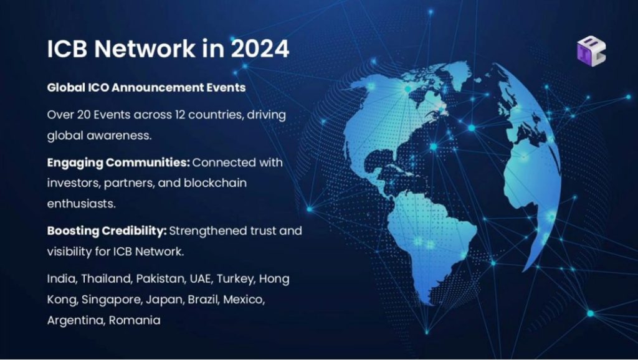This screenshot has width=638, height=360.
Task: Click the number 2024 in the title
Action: (260, 49)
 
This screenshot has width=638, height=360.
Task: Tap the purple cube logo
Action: (591, 51)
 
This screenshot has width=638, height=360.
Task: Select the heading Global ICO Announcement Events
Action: (146, 87)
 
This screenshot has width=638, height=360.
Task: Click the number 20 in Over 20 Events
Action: (83, 115)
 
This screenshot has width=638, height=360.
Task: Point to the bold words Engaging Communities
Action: (118, 163)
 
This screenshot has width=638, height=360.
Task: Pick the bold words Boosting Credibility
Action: (107, 231)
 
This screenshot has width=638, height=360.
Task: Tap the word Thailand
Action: (106, 279)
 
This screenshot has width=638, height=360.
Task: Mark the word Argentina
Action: (75, 321)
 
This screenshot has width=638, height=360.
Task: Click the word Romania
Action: (135, 321)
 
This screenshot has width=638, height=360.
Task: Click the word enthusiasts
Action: (82, 204)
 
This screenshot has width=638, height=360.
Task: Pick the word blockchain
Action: (215, 182)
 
